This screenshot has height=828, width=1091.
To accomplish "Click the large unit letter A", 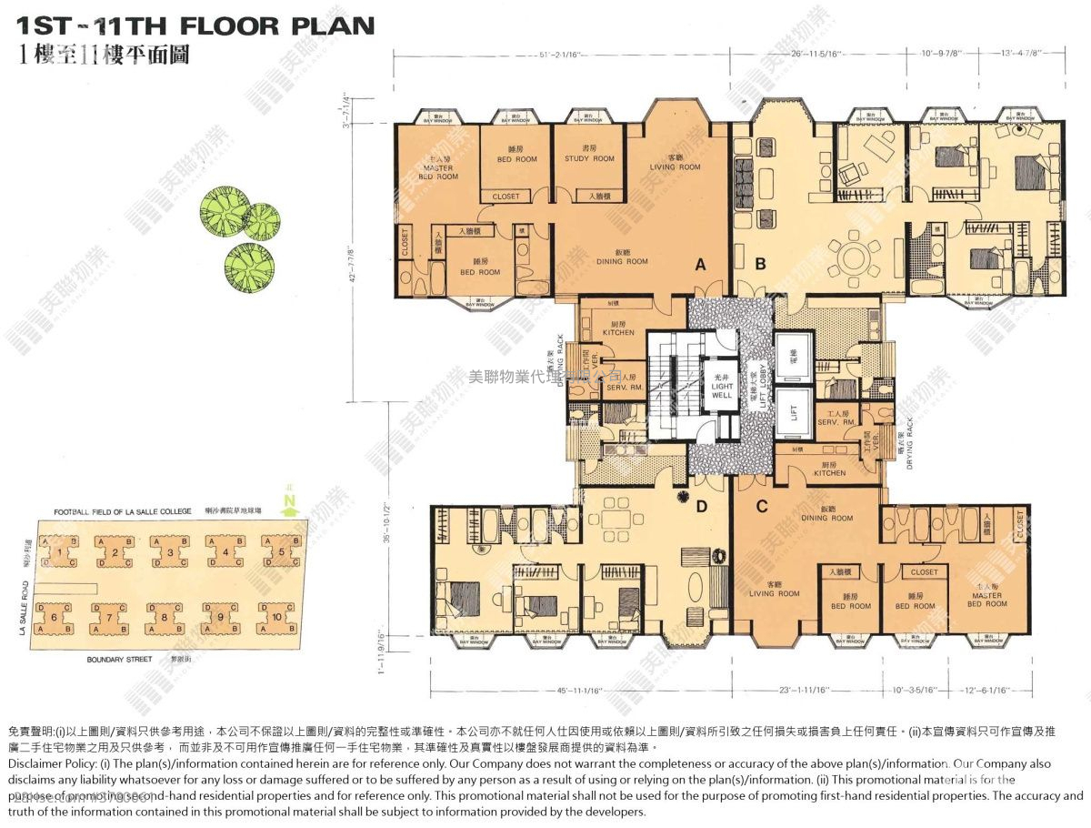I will click(x=700, y=265).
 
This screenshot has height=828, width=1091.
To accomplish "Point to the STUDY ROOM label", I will click(x=590, y=154).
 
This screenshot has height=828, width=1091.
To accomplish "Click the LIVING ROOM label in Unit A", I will click(x=676, y=163).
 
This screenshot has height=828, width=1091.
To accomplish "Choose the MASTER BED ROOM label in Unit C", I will click(x=986, y=601).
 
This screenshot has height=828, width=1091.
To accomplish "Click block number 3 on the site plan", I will click(x=170, y=551).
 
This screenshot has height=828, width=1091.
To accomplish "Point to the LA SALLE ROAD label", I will click(x=24, y=610).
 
